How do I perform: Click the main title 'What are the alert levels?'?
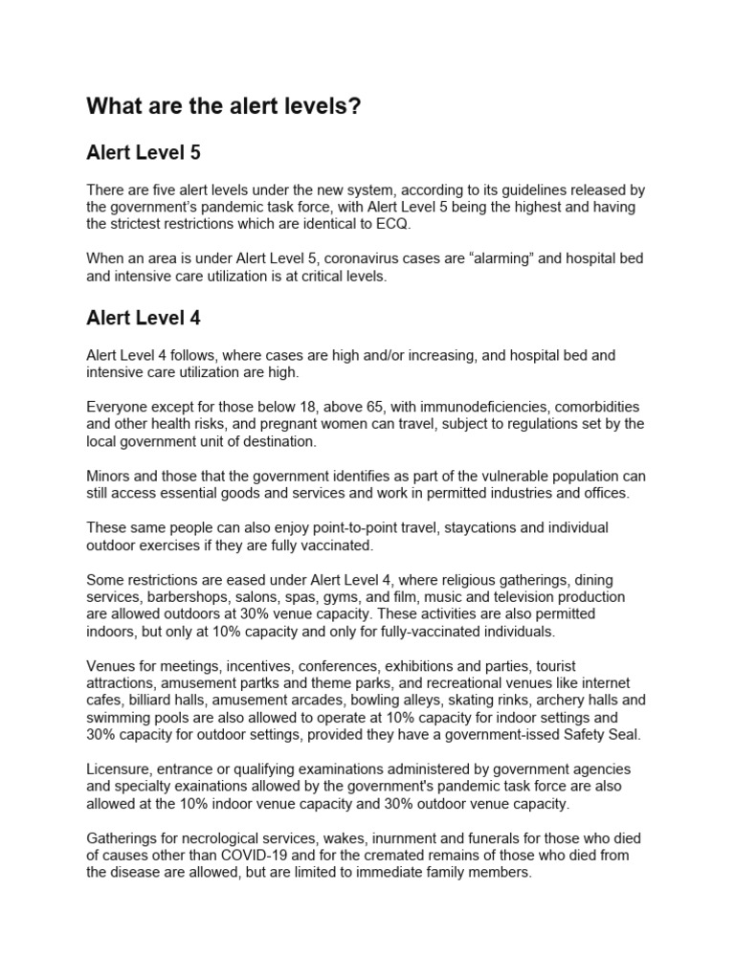click(x=224, y=106)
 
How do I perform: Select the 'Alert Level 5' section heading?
click(x=143, y=152)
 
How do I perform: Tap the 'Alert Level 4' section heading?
click(x=143, y=316)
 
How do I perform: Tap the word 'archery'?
click(x=550, y=699)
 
